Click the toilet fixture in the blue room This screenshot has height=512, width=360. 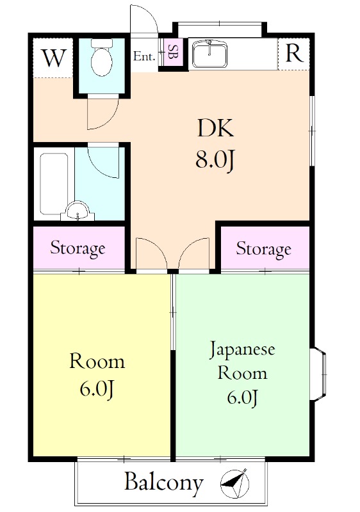coord(101,58)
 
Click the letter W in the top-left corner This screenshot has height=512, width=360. coord(54,58)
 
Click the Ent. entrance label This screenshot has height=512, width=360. coord(145,56)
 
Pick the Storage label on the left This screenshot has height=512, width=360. coord(78,248)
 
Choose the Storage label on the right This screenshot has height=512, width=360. coord(263,248)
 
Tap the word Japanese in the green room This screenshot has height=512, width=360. coord(243,350)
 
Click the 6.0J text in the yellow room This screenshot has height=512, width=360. coord(97,389)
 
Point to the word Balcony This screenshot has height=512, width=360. coord(163,482)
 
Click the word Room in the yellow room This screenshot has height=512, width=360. coord(97,362)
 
